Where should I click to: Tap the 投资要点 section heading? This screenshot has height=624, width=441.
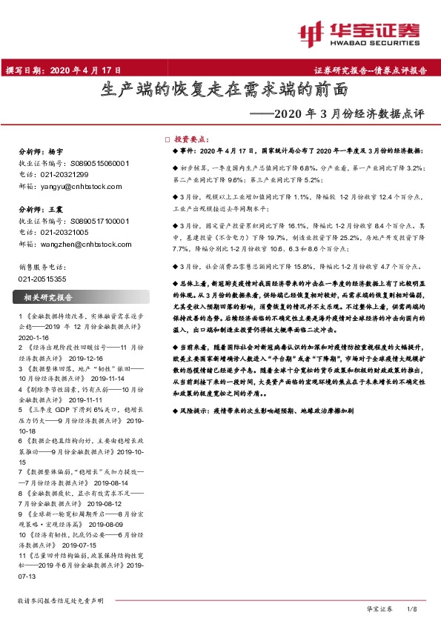193,139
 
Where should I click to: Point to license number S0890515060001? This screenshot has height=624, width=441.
92,164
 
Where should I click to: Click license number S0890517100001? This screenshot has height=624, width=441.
92,221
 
